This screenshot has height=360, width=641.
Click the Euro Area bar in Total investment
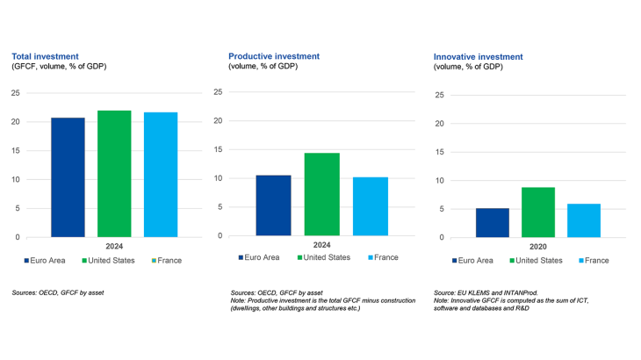(68, 177)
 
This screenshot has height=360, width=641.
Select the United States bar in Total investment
(114, 174)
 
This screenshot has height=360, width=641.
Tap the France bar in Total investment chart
(161, 175)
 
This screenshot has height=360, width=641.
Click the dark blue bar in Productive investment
(273, 205)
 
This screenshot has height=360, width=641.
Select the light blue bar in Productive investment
(371, 206)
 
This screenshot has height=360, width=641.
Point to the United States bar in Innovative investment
(538, 212)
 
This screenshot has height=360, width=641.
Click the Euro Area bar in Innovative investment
(493, 223)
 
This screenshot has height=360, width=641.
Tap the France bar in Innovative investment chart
(584, 220)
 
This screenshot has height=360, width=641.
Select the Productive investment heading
(274, 55)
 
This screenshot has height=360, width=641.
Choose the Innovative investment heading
(479, 55)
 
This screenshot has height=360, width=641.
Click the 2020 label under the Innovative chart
(538, 247)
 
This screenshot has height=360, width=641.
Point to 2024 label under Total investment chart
(114, 247)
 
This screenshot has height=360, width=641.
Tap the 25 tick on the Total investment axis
(15, 92)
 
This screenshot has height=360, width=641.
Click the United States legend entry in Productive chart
(327, 257)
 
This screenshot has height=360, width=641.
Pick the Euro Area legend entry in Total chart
(52, 260)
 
